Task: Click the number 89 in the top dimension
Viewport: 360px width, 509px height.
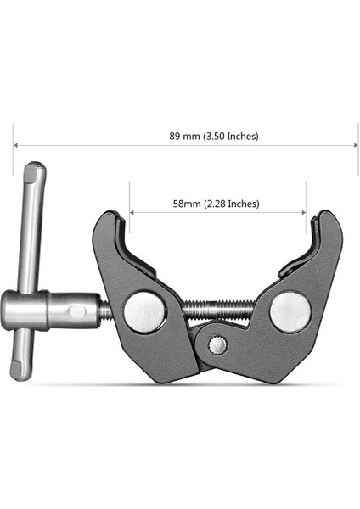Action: click(x=176, y=136)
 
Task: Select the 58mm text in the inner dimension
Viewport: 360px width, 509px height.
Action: click(x=186, y=204)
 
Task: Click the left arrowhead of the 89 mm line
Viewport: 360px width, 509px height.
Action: click(x=16, y=146)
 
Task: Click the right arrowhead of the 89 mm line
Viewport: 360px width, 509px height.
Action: click(x=354, y=146)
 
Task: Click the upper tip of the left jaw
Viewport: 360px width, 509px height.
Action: click(x=107, y=217)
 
